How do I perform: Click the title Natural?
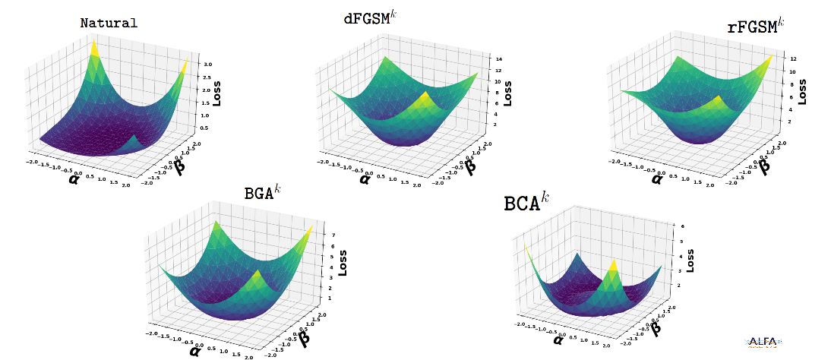click(109, 23)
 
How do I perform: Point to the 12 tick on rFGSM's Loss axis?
click(792, 58)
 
